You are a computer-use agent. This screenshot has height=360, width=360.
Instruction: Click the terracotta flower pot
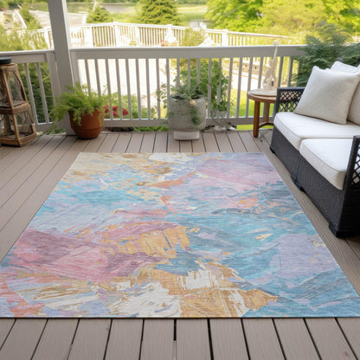point(87,126)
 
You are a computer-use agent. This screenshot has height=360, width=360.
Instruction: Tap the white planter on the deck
point(186,117)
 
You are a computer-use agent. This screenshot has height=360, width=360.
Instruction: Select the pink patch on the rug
point(234,169)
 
